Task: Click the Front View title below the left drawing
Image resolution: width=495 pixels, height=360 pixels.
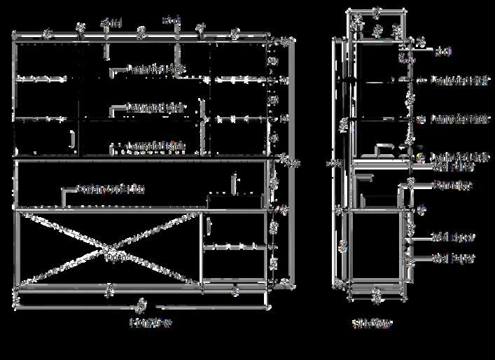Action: click(x=151, y=323)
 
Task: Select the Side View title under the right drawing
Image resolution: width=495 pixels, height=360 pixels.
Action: click(x=372, y=323)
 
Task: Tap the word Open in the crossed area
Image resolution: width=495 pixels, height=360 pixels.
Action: click(x=118, y=257)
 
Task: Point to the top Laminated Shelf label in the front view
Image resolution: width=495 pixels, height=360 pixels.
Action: click(x=156, y=69)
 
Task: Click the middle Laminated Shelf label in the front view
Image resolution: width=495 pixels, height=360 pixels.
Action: click(x=155, y=108)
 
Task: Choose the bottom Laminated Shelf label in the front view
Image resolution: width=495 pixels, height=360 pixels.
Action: click(x=156, y=146)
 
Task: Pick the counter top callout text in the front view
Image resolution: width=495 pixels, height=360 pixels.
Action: click(x=111, y=189)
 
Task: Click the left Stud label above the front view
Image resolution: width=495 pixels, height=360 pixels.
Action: click(x=111, y=23)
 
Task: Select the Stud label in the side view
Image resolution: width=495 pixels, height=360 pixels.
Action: click(x=442, y=52)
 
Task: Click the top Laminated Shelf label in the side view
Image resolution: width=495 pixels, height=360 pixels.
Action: click(x=459, y=81)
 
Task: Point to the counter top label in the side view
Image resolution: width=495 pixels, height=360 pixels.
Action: click(x=452, y=186)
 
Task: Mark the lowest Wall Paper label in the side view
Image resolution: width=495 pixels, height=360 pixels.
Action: click(x=454, y=258)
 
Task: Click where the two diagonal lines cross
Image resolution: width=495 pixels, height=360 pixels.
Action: click(x=108, y=249)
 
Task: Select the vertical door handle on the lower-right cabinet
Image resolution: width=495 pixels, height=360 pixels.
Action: click(x=209, y=226)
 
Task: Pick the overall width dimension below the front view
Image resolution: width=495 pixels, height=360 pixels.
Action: click(x=141, y=305)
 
